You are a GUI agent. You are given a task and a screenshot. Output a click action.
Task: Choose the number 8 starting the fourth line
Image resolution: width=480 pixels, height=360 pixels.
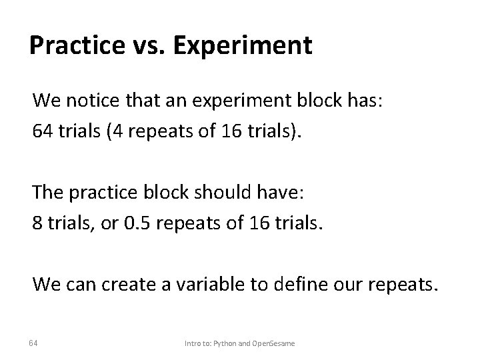coord(37,221)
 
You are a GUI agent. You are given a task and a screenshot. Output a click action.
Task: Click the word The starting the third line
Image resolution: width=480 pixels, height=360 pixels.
coord(47,193)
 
